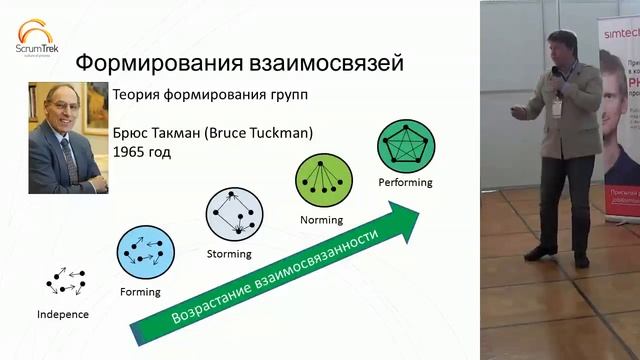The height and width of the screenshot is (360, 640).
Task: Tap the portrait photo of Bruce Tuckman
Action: point(67,137)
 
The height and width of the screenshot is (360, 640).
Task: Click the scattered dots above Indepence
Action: point(66,281)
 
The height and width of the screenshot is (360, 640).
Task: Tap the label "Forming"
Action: point(140,292)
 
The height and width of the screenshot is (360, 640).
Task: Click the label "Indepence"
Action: point(63,314)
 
